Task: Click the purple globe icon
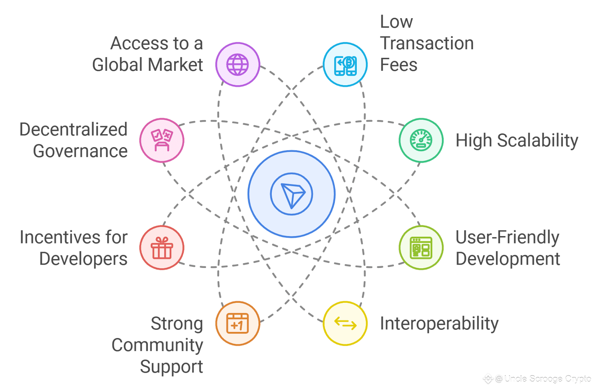click(238, 64)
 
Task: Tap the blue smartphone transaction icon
click(345, 64)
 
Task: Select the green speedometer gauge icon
click(421, 140)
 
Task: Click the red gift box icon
click(162, 248)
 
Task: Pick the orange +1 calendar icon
click(238, 323)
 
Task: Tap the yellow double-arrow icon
click(345, 323)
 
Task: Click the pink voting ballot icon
click(162, 140)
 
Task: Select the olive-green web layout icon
click(421, 248)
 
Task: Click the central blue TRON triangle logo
click(292, 194)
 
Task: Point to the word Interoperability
click(439, 324)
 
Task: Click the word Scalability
click(538, 141)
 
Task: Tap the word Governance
click(80, 151)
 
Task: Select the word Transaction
click(427, 43)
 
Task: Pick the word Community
click(157, 345)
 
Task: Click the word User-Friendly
click(507, 238)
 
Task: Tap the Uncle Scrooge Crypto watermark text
click(547, 379)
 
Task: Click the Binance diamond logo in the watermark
click(488, 378)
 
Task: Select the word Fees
click(399, 65)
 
